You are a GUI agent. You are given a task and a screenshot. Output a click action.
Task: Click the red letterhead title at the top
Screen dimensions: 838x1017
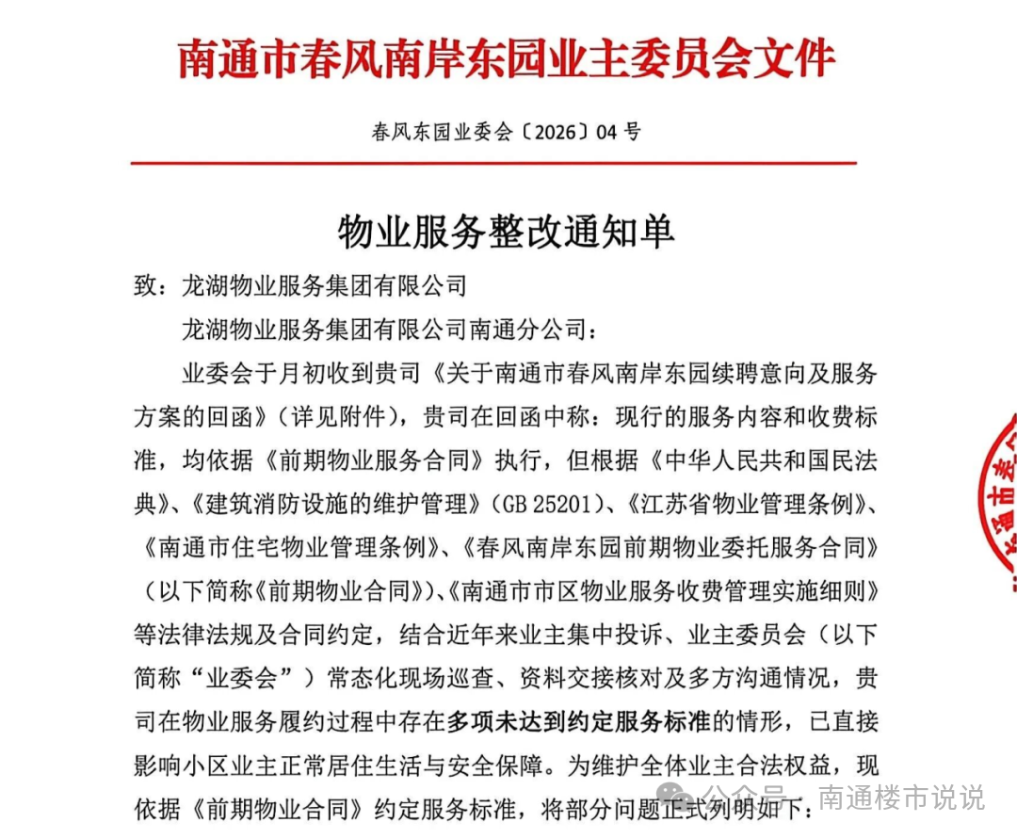507,58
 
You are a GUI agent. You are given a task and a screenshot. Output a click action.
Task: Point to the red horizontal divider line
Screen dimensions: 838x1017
492,163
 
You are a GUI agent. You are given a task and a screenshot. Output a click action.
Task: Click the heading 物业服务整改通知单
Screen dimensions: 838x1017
506,231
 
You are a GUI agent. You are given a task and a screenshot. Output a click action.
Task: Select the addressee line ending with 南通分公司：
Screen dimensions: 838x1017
388,330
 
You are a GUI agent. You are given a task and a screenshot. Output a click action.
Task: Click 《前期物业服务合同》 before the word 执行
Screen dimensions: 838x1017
375,460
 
